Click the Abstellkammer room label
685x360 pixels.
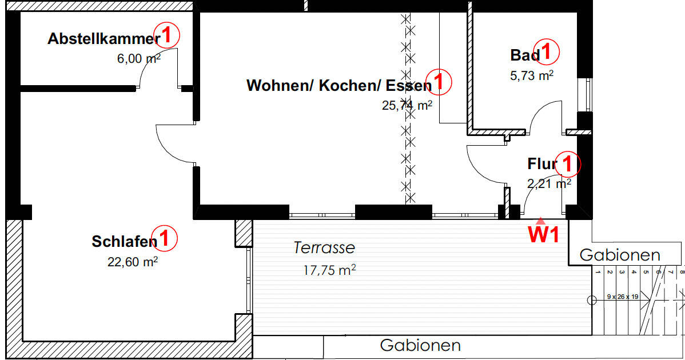tap(103, 39)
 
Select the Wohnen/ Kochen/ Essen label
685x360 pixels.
tap(338, 86)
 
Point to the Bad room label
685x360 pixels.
tap(524, 55)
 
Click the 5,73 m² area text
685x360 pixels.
tap(531, 75)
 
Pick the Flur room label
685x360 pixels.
tap(541, 165)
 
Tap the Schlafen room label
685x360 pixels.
tap(124, 242)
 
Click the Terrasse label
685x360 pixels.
tap(324, 248)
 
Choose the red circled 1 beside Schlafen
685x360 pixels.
tap(166, 238)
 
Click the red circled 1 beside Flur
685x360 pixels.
tap(568, 165)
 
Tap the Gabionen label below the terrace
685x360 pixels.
tap(420, 345)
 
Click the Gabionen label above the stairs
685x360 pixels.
tap(620, 255)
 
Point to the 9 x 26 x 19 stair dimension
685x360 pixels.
tap(621, 298)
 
